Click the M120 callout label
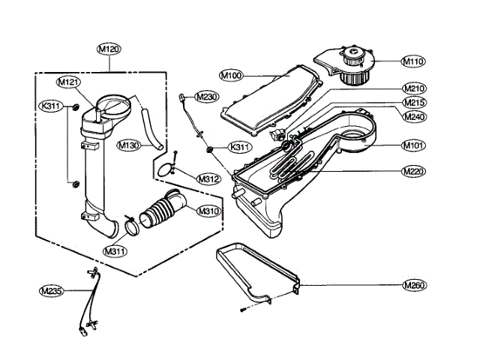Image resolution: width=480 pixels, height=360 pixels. (x=109, y=49)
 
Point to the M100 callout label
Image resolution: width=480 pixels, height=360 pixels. (x=232, y=76)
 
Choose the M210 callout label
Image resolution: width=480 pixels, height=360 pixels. (x=413, y=88)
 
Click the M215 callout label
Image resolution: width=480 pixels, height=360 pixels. (x=413, y=103)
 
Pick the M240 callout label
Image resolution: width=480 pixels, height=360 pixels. (x=413, y=117)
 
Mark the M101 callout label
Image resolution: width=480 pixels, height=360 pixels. (x=413, y=145)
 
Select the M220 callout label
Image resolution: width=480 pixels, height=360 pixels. (x=413, y=172)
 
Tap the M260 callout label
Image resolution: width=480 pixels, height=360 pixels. (x=413, y=285)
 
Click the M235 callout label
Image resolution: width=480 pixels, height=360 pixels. (x=52, y=289)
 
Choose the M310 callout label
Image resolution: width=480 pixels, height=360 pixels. (x=208, y=211)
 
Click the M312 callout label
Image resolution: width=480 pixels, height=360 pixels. (x=208, y=178)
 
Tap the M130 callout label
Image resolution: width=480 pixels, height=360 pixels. (x=128, y=145)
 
